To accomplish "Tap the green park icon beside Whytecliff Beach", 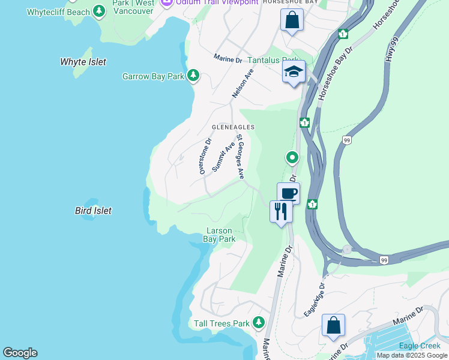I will (98, 11).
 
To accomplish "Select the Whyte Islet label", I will (83, 62).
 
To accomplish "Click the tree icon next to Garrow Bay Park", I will (193, 76).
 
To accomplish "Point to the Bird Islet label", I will (93, 211).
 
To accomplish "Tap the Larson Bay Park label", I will (219, 235).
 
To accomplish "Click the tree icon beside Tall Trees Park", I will (259, 323).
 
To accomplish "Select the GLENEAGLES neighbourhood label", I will (233, 127).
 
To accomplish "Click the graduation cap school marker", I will (294, 72).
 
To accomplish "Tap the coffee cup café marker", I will (288, 194).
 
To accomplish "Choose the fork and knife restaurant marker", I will (281, 211).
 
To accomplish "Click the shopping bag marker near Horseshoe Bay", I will (292, 20).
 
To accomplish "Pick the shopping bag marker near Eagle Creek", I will (333, 325).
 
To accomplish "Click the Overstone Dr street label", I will (205, 157).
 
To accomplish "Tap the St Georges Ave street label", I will (240, 156).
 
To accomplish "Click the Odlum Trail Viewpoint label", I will (217, 2).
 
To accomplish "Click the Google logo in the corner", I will (20, 353).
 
